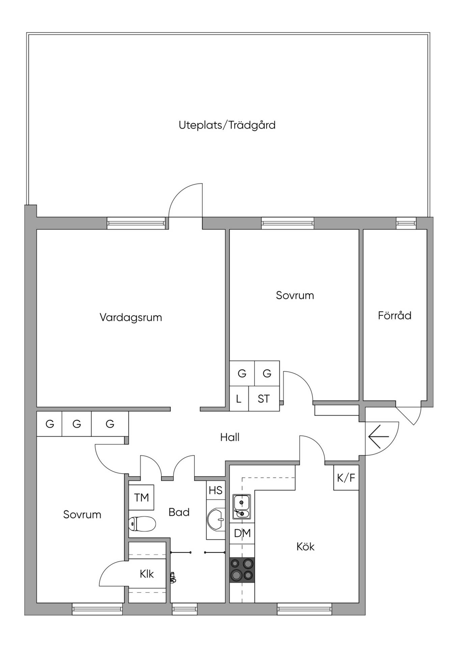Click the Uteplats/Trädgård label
[227, 125]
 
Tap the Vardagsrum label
[131, 318]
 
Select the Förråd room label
[395, 315]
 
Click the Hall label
[230, 437]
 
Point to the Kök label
[305, 546]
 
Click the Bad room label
[179, 512]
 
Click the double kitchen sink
[242, 507]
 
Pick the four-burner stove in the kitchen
[242, 570]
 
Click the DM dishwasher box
[242, 533]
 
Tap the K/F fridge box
[346, 478]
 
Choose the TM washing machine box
[141, 497]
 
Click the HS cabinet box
[216, 490]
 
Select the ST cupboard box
[264, 399]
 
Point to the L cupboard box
[239, 399]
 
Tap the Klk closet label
[147, 574]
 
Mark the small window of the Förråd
[406, 223]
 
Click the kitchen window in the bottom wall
[304, 609]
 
